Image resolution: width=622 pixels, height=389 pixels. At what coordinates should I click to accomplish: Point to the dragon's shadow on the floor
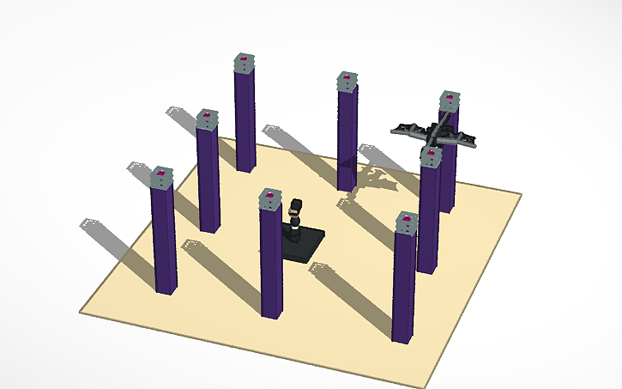tap(372, 179)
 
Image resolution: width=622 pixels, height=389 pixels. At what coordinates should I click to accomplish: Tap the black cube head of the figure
tap(296, 207)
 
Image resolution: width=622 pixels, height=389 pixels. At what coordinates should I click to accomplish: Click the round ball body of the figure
tap(294, 225)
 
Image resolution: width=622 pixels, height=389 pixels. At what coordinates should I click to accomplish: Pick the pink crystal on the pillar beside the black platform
tap(271, 197)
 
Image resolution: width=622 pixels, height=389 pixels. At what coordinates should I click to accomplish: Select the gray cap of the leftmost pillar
tap(161, 177)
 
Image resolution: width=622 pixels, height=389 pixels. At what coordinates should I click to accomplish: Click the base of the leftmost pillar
tap(166, 288)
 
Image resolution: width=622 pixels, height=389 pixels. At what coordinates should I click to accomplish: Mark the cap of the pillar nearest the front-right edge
tap(407, 223)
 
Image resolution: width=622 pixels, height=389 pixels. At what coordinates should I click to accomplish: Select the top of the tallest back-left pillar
tap(245, 63)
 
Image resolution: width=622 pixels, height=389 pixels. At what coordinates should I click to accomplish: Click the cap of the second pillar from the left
tap(208, 119)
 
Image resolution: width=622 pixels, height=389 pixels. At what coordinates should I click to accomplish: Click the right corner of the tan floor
tap(520, 193)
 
